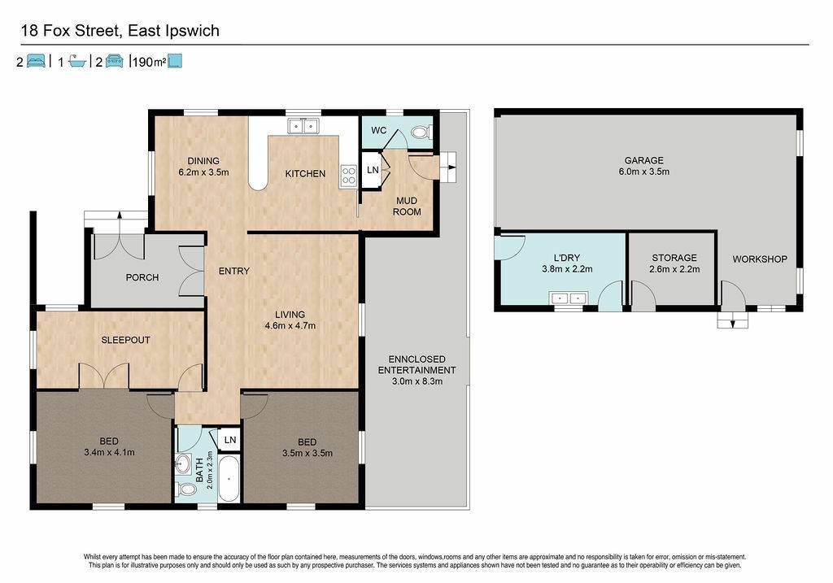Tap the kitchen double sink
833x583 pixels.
coord(303,126)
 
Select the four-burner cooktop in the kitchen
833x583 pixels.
coord(348,176)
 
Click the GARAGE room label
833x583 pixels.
coord(644,160)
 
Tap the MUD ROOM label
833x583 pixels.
coord(407,206)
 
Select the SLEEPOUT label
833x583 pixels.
coord(126,340)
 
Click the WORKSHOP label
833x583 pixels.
coord(760,259)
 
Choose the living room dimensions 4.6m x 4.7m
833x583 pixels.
coord(290,326)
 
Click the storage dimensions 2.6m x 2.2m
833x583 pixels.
coord(674,269)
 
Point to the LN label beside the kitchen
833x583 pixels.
coord(373,170)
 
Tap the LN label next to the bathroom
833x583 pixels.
coord(230,440)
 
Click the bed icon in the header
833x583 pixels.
coord(36,61)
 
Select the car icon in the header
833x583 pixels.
coord(114,61)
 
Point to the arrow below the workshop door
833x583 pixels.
coord(733,321)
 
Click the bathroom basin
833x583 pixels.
coord(184,464)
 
